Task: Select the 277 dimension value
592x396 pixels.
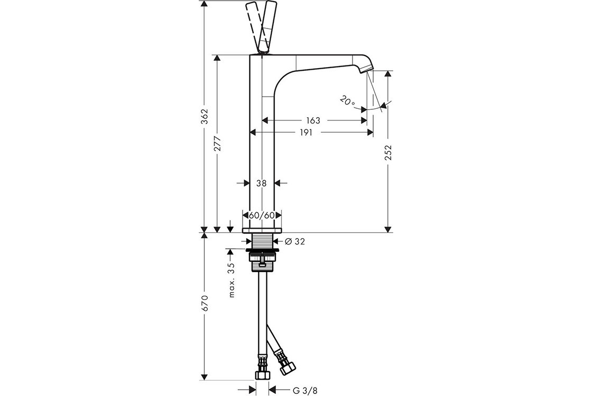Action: click(x=217, y=144)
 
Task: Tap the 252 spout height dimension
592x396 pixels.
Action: click(x=388, y=153)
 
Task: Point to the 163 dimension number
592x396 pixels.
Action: click(x=313, y=120)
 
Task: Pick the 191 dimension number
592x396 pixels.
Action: click(x=306, y=133)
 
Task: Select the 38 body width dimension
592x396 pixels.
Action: click(x=261, y=183)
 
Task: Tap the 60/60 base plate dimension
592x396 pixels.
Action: click(x=262, y=215)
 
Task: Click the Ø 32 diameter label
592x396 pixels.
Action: click(x=295, y=241)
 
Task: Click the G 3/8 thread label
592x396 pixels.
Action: click(x=303, y=390)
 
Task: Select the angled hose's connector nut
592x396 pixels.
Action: click(x=288, y=367)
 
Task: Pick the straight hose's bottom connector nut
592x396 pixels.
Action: click(x=262, y=375)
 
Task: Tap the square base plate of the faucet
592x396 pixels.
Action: click(x=262, y=230)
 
